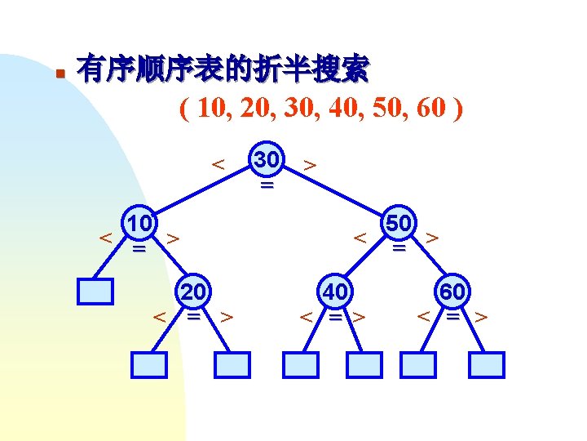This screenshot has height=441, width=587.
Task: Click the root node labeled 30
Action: pos(267,161)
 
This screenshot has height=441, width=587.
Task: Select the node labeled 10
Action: pos(139,224)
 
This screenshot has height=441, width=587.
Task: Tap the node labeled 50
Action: pos(399,223)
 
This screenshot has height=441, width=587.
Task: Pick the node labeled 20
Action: pos(194,292)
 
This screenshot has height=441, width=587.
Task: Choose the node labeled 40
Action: pos(335,292)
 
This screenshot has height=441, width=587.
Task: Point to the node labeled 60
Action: pos(453,292)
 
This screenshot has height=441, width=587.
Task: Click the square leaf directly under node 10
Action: pos(97,292)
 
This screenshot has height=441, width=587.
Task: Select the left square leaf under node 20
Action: pos(149,364)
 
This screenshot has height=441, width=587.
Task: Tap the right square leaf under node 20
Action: pos(232,364)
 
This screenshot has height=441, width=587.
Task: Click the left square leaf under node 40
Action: pos(300,364)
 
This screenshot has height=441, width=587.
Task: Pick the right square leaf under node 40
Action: pos(364,364)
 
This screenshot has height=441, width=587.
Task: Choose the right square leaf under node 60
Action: pos(487,364)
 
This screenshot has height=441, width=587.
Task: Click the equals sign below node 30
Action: pos(267,186)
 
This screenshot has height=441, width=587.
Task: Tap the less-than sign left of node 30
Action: pos(218,163)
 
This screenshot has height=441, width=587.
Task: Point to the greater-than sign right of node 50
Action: pos(433,238)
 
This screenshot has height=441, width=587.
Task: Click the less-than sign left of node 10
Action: pos(105,238)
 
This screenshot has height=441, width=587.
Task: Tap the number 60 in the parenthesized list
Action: pos(432,109)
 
